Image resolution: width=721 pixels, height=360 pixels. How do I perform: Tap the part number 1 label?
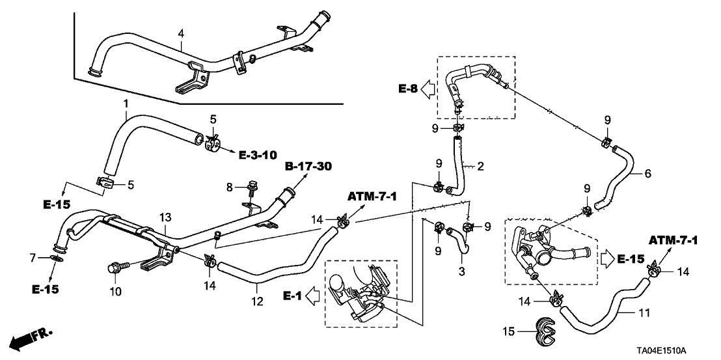click(x=126, y=104)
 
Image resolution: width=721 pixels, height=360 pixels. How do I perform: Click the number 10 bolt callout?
click(x=115, y=292)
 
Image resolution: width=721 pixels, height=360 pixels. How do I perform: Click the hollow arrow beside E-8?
click(x=427, y=89)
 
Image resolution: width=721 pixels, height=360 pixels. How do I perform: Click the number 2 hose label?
click(x=481, y=167)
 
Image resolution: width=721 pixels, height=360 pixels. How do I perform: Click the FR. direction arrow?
click(x=31, y=337)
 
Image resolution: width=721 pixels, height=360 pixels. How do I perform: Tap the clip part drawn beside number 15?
click(x=548, y=330)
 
